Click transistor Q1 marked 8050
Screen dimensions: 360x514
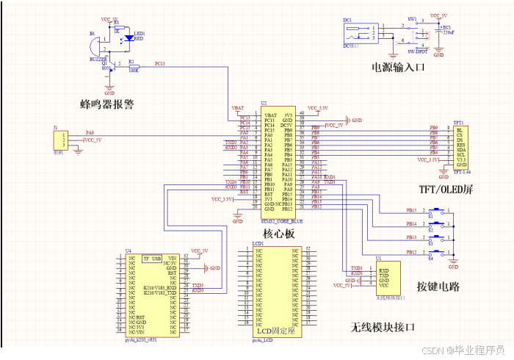click(109, 67)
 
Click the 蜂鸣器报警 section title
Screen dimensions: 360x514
click(107, 104)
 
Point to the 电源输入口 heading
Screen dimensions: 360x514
click(398, 68)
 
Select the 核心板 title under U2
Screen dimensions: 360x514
click(278, 233)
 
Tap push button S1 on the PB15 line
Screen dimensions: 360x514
click(438, 211)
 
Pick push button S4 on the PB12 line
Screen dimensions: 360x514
click(438, 253)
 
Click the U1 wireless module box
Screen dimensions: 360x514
click(388, 278)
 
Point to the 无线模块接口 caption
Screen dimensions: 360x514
click(383, 326)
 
